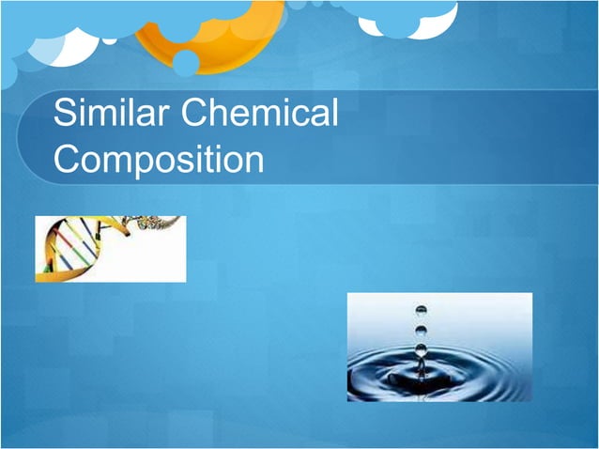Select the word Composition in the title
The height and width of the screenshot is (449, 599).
coord(159,160)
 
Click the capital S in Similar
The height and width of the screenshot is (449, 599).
coord(64,115)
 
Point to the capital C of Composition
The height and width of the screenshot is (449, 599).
coord(68,160)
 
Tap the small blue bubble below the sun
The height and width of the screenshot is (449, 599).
coord(186,63)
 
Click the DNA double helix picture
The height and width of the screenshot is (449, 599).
coord(110,249)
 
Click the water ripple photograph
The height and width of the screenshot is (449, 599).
coord(439,347)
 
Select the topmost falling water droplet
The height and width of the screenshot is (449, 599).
coord(421,310)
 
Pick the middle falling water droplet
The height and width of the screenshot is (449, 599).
coord(421,330)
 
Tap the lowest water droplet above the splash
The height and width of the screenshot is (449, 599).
coord(421,350)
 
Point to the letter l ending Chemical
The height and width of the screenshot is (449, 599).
coord(333,115)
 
